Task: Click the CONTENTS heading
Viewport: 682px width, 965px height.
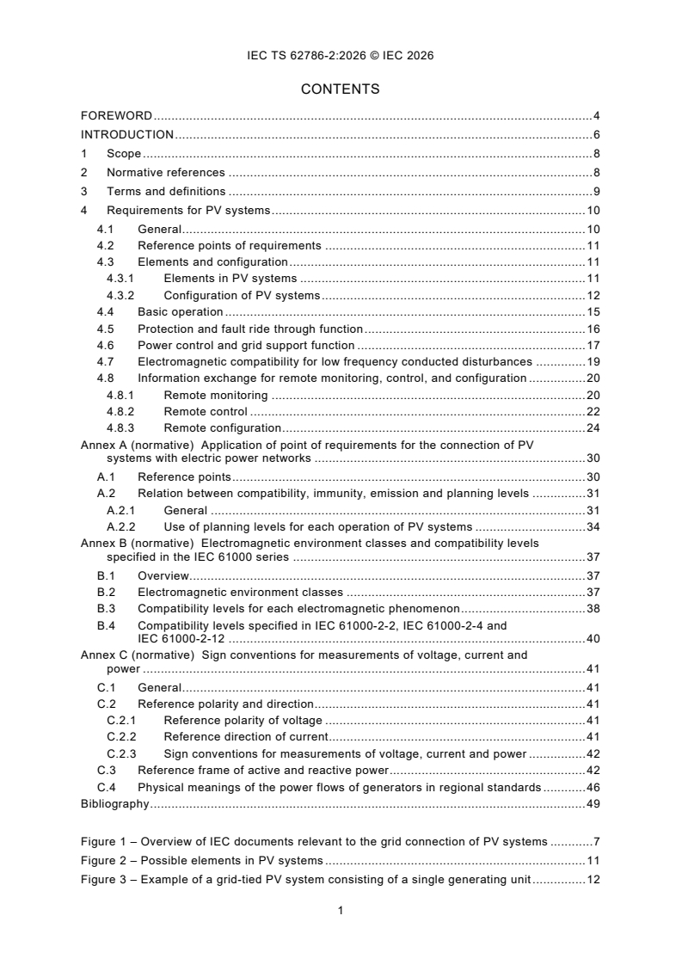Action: (x=340, y=89)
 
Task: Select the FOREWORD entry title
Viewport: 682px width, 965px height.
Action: (x=116, y=115)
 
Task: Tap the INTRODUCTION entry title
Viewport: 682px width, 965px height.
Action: (x=127, y=134)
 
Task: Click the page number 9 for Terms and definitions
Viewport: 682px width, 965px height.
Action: (x=596, y=192)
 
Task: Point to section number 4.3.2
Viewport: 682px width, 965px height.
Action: (x=121, y=295)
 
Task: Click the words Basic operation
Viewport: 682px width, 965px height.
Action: (x=180, y=312)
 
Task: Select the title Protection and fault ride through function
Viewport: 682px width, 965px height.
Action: (x=250, y=329)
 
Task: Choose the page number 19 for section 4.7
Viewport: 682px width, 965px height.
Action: (x=593, y=362)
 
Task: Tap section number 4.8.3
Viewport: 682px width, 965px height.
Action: (x=121, y=427)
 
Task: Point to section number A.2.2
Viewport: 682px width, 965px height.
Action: (x=121, y=526)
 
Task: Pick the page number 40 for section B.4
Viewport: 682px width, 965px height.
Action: (x=593, y=638)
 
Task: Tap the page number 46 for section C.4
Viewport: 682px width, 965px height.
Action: (x=593, y=787)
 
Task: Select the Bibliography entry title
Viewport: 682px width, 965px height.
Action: (x=114, y=804)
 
